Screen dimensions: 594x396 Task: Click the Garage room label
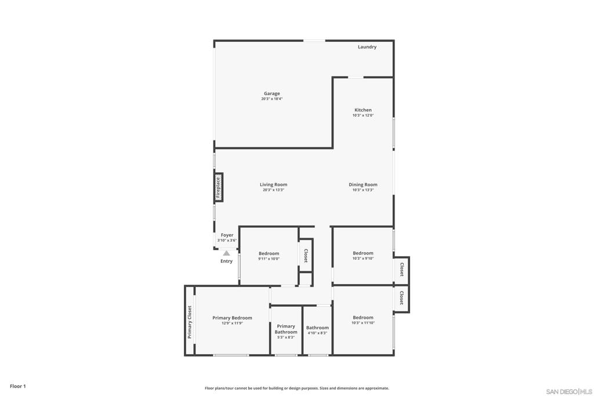pos(272,93)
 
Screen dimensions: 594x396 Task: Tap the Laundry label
pos(367,47)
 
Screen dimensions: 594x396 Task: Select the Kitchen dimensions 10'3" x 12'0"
pos(363,115)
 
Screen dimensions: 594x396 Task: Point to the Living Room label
pos(274,185)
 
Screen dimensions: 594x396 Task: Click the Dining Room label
pos(363,185)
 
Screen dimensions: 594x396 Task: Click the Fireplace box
pos(219,187)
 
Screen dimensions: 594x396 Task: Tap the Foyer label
pos(227,235)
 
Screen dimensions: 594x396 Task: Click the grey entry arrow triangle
pos(226,253)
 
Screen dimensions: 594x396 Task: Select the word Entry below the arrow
pos(227,261)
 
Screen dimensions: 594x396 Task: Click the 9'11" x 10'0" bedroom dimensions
pos(269,259)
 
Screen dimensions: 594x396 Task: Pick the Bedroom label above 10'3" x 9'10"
pos(363,253)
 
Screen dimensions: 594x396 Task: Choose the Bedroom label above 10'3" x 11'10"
pos(363,318)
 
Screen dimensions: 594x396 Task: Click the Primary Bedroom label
pos(232,318)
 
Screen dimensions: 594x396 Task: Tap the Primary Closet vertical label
pos(190,322)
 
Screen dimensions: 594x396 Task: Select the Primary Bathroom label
pos(286,329)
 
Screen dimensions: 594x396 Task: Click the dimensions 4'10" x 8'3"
pos(317,333)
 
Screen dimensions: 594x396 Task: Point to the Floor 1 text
pos(18,386)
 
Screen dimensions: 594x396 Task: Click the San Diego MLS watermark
pos(569,391)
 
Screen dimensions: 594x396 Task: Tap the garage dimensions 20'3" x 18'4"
pos(272,99)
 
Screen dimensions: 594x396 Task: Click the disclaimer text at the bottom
pos(297,388)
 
